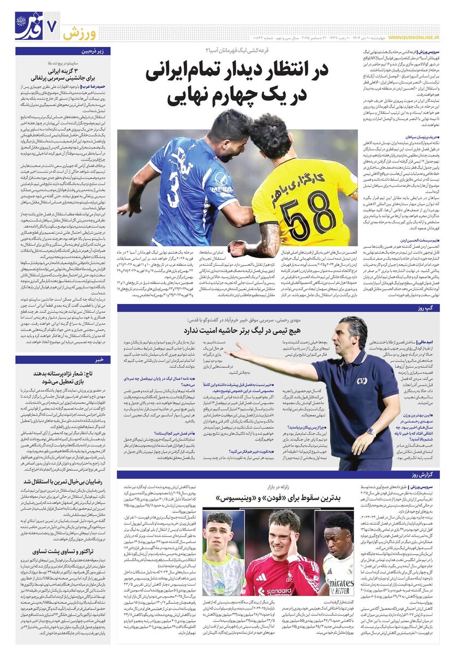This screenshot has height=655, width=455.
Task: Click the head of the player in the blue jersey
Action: coord(229,129)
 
